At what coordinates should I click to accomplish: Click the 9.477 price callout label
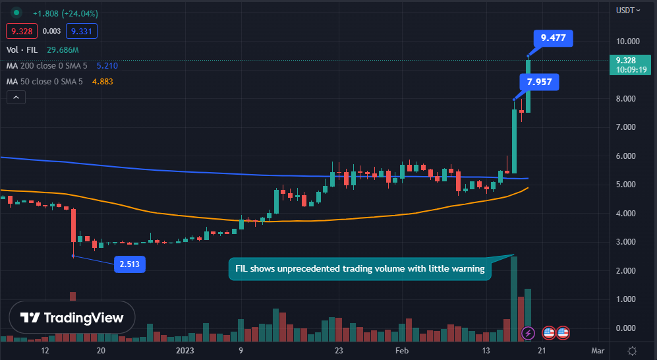point(553,38)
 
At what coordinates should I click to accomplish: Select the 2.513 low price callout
point(129,264)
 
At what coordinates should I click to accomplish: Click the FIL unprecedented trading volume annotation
point(360,269)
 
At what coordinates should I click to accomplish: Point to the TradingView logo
point(72,317)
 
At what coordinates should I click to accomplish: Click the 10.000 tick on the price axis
point(629,42)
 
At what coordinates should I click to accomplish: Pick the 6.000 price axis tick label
point(627,156)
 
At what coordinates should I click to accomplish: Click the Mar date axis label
point(597,351)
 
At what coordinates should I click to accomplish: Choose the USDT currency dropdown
point(627,10)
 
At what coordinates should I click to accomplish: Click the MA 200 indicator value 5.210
point(107,66)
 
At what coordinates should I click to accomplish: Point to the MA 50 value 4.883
point(103,82)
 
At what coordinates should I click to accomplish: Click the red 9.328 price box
point(21,31)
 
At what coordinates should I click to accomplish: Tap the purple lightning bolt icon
point(528,333)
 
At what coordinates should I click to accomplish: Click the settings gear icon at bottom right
point(632,351)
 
